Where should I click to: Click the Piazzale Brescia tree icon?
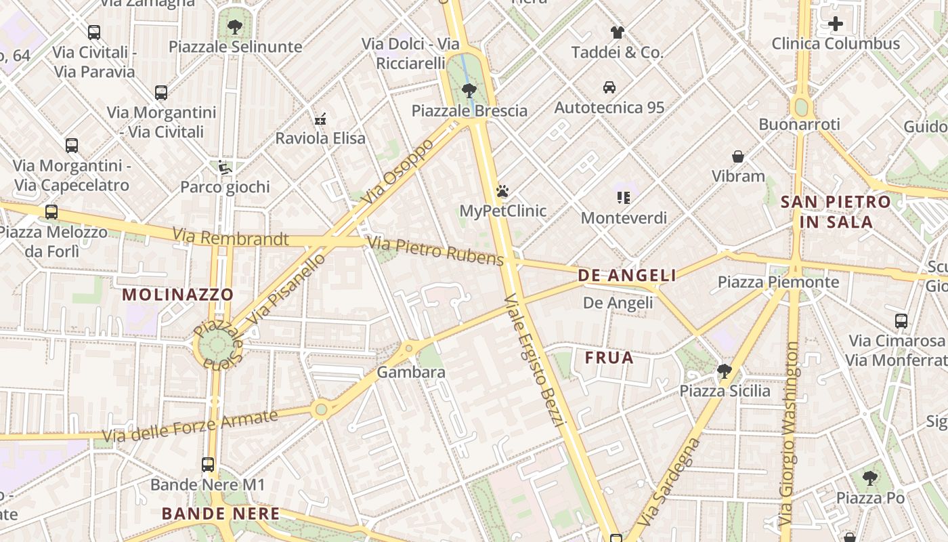[x=468, y=90]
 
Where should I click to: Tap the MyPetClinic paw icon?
[x=502, y=192]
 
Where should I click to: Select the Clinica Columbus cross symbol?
[x=836, y=24]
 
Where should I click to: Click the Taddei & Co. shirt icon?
[x=617, y=32]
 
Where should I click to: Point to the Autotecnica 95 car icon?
[x=609, y=87]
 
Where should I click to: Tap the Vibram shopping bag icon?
[x=738, y=157]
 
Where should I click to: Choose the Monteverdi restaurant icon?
[x=624, y=198]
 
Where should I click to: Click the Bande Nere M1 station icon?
[x=208, y=465]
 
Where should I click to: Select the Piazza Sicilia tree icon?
[x=725, y=371]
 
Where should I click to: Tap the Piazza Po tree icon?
[x=870, y=478]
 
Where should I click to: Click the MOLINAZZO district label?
[x=178, y=295]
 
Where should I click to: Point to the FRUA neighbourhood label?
[x=609, y=358]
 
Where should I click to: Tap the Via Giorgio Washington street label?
[x=790, y=435]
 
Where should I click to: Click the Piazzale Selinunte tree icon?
[x=235, y=27]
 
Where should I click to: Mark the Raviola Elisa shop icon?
[x=320, y=119]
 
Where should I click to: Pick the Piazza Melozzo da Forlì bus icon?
[x=51, y=212]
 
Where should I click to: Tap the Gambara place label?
[x=411, y=372]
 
